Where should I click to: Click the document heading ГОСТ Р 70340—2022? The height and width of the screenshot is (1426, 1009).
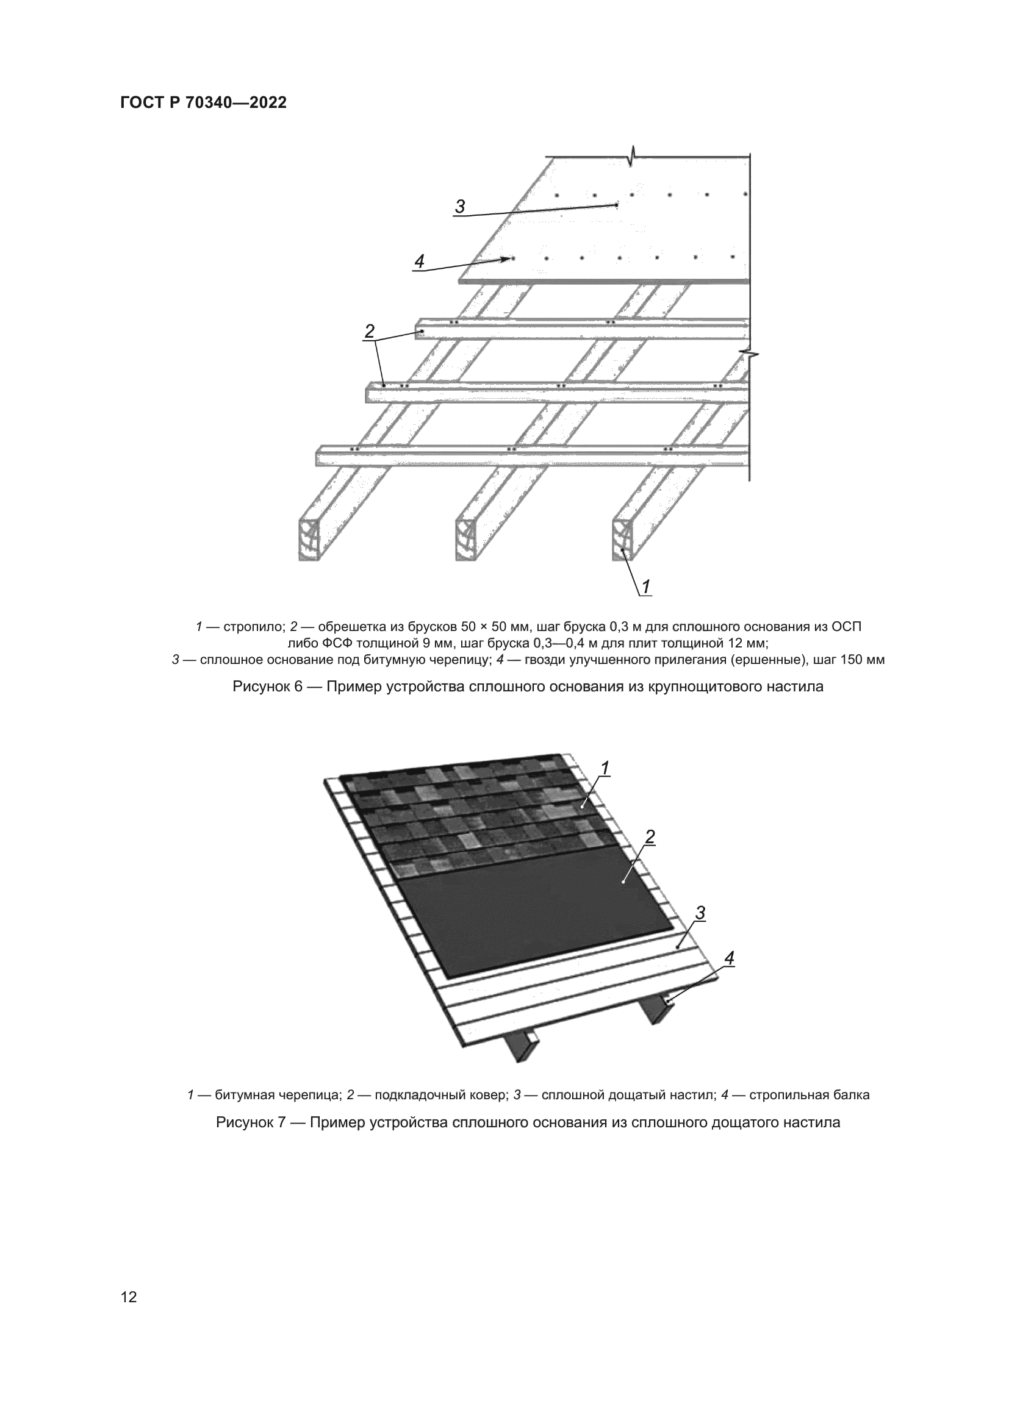pyautogui.click(x=203, y=103)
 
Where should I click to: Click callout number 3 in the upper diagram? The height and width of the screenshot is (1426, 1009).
pyautogui.click(x=460, y=207)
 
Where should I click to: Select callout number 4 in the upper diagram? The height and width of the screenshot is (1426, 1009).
pyautogui.click(x=419, y=262)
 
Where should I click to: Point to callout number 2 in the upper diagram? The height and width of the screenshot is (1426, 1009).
pyautogui.click(x=370, y=331)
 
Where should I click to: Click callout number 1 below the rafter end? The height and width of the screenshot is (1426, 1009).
pyautogui.click(x=645, y=586)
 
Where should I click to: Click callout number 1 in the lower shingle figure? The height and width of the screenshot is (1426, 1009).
pyautogui.click(x=605, y=768)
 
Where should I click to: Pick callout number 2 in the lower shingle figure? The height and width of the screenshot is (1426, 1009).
pyautogui.click(x=650, y=837)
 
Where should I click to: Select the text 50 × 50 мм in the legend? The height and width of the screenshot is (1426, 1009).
pyautogui.click(x=498, y=627)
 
